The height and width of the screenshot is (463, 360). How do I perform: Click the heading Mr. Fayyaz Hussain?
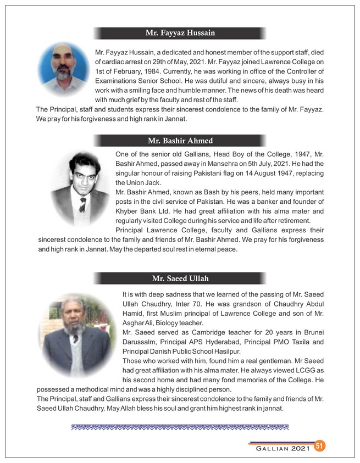(180, 34)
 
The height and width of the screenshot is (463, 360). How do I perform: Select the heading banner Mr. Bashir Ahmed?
(180, 141)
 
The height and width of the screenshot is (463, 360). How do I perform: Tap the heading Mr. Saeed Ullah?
(180, 278)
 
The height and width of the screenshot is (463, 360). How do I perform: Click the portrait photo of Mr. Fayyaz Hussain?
(65, 70)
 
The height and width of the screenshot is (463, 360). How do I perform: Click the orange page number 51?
(320, 445)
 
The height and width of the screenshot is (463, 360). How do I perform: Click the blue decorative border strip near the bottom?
(180, 426)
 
